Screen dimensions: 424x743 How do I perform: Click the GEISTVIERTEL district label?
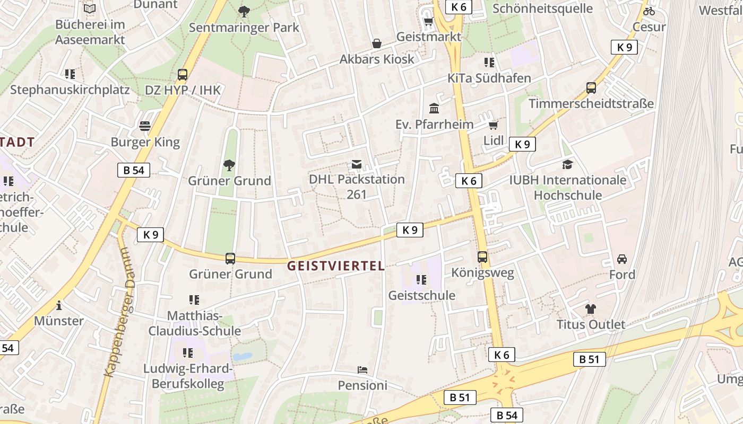[x=335, y=266]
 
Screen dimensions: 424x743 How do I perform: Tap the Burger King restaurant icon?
[x=145, y=126]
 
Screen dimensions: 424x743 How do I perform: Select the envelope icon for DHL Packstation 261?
[x=357, y=164]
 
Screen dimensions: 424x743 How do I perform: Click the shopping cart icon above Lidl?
[x=493, y=126]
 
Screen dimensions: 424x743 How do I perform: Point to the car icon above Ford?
[x=622, y=259]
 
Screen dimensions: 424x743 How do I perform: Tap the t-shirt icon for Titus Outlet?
[x=591, y=308]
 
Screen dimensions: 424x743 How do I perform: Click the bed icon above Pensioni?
[x=362, y=370]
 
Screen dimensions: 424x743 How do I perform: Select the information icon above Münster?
[x=59, y=305]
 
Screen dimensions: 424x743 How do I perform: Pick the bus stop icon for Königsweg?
[x=482, y=257]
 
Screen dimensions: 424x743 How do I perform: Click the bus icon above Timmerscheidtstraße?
[x=591, y=88]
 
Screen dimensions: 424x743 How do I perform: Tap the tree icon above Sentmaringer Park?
[x=244, y=12]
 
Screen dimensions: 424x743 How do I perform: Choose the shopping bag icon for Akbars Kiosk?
[x=377, y=43]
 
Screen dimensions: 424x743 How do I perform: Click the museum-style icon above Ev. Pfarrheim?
[x=434, y=109]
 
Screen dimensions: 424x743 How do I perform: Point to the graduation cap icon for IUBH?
[x=568, y=164]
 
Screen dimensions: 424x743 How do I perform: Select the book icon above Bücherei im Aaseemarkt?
[x=90, y=9]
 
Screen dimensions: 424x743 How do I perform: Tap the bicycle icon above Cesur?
[x=649, y=11]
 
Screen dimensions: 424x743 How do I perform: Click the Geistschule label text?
[x=422, y=295]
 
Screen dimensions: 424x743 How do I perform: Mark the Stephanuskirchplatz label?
[x=70, y=90]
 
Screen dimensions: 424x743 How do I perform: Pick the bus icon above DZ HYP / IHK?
[x=183, y=75]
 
